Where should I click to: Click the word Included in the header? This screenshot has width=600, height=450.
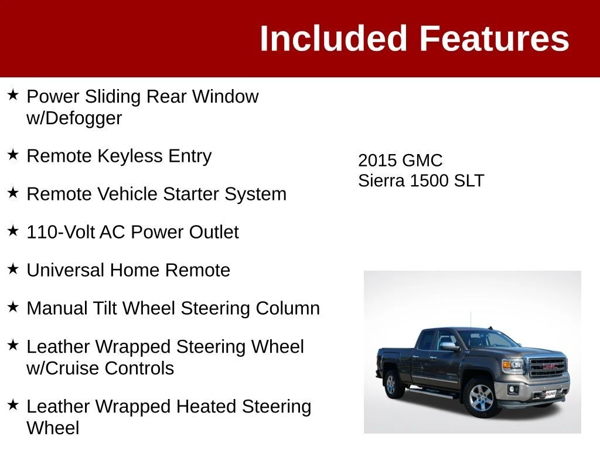pyautogui.click(x=333, y=38)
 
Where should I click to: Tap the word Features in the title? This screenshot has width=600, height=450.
pyautogui.click(x=495, y=38)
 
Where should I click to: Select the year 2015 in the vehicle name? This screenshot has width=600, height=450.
pyautogui.click(x=377, y=161)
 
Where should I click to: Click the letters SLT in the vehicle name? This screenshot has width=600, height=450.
pyautogui.click(x=469, y=180)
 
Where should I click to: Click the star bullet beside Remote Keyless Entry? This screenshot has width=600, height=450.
pyautogui.click(x=13, y=155)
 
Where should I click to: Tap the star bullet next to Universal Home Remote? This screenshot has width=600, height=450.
pyautogui.click(x=13, y=268)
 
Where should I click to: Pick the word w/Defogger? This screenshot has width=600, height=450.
pyautogui.click(x=74, y=118)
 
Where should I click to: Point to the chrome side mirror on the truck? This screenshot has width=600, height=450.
pyautogui.click(x=449, y=346)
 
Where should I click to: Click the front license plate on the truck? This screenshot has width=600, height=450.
pyautogui.click(x=550, y=393)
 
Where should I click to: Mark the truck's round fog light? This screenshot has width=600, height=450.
pyautogui.click(x=512, y=390)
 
